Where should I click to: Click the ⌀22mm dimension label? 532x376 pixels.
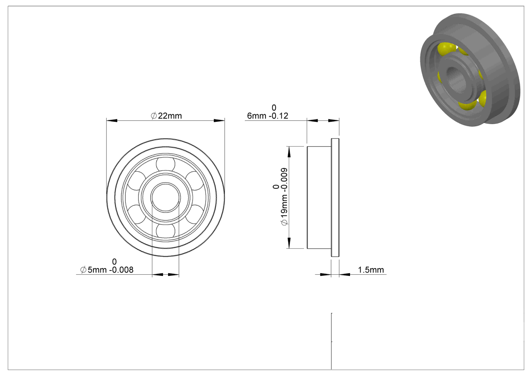[x=166, y=116]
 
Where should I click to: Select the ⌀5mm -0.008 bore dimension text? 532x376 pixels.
[x=107, y=270]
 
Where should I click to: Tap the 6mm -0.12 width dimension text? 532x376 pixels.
[x=268, y=116]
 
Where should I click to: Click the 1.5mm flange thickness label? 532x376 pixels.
[x=371, y=270]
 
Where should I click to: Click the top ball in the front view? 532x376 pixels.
[x=166, y=164]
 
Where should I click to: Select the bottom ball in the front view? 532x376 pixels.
[x=166, y=231]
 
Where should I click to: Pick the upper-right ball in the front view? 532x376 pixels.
[x=195, y=181]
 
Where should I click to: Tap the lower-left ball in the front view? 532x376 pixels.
[x=136, y=214]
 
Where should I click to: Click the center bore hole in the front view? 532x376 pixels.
[x=166, y=198]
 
